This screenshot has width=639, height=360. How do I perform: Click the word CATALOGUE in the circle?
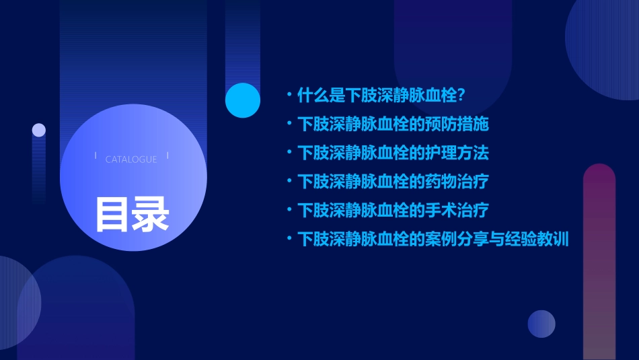[x=131, y=159]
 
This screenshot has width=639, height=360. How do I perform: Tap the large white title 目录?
[x=132, y=213]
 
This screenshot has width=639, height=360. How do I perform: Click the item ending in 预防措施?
[x=393, y=124]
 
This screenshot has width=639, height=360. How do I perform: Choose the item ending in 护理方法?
[x=393, y=153]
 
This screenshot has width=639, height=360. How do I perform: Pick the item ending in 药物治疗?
[x=393, y=182]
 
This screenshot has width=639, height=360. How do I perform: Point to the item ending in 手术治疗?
[x=393, y=210]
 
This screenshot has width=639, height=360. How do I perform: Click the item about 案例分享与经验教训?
[x=433, y=239]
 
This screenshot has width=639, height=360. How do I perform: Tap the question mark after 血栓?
[x=461, y=95]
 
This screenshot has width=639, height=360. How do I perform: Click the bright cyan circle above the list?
[x=243, y=100]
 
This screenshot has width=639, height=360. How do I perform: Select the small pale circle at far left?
[x=39, y=130]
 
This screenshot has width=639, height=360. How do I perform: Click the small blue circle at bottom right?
[x=541, y=324]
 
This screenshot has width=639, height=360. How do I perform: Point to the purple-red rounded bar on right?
[x=599, y=262]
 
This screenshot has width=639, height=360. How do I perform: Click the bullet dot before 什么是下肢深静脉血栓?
[x=289, y=95]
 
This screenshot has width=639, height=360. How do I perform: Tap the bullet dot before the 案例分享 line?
[x=289, y=238]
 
